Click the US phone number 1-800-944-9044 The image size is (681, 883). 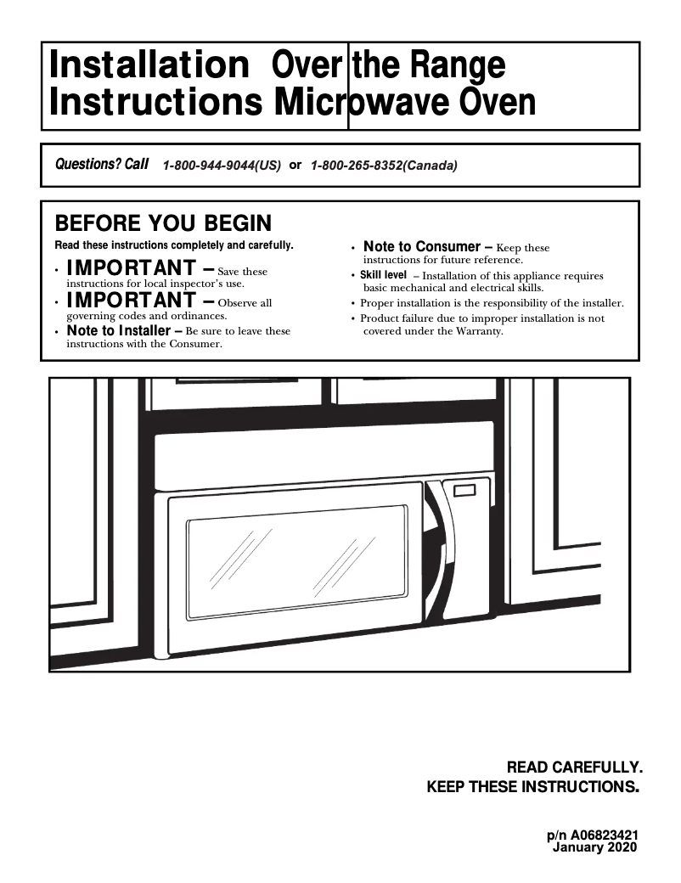221,166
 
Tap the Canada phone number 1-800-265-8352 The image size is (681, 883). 384,166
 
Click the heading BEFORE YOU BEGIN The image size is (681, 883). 163,223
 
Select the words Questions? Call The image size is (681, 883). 101,164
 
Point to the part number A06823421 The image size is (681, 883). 605,835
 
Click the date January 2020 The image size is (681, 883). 594,847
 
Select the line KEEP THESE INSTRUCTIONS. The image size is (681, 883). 532,787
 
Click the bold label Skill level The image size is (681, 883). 383,275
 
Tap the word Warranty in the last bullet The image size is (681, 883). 481,331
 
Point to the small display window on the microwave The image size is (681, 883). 465,490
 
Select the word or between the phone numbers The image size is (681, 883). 295,165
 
